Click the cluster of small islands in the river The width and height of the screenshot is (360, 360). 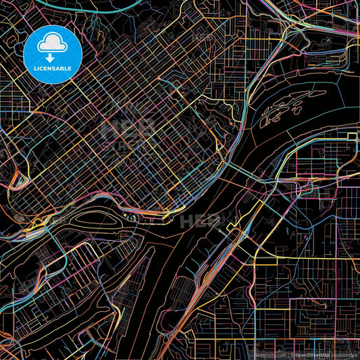click(280, 111)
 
